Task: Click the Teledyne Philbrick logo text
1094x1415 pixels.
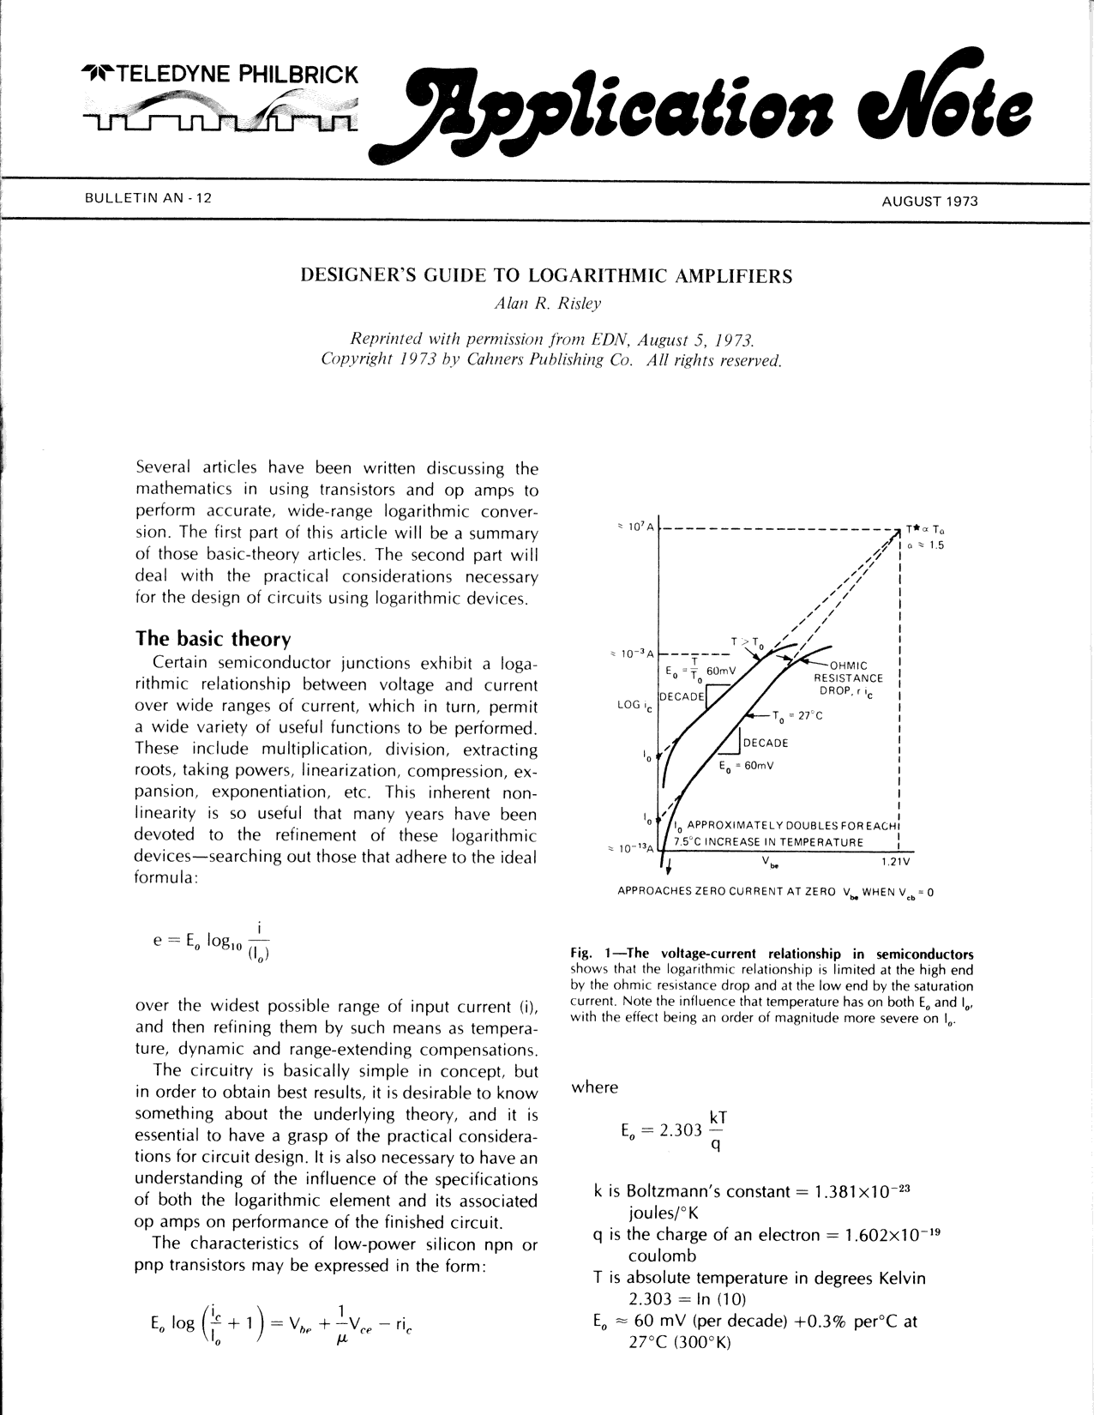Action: pyautogui.click(x=219, y=74)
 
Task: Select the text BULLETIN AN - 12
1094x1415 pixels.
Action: pyautogui.click(x=147, y=199)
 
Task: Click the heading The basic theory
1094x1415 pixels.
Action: pyautogui.click(x=213, y=639)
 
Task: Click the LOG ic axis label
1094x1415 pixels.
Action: pyautogui.click(x=634, y=705)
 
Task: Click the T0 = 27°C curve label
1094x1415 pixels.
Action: pyautogui.click(x=796, y=715)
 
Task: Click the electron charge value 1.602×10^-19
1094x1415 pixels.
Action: pyautogui.click(x=905, y=1235)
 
